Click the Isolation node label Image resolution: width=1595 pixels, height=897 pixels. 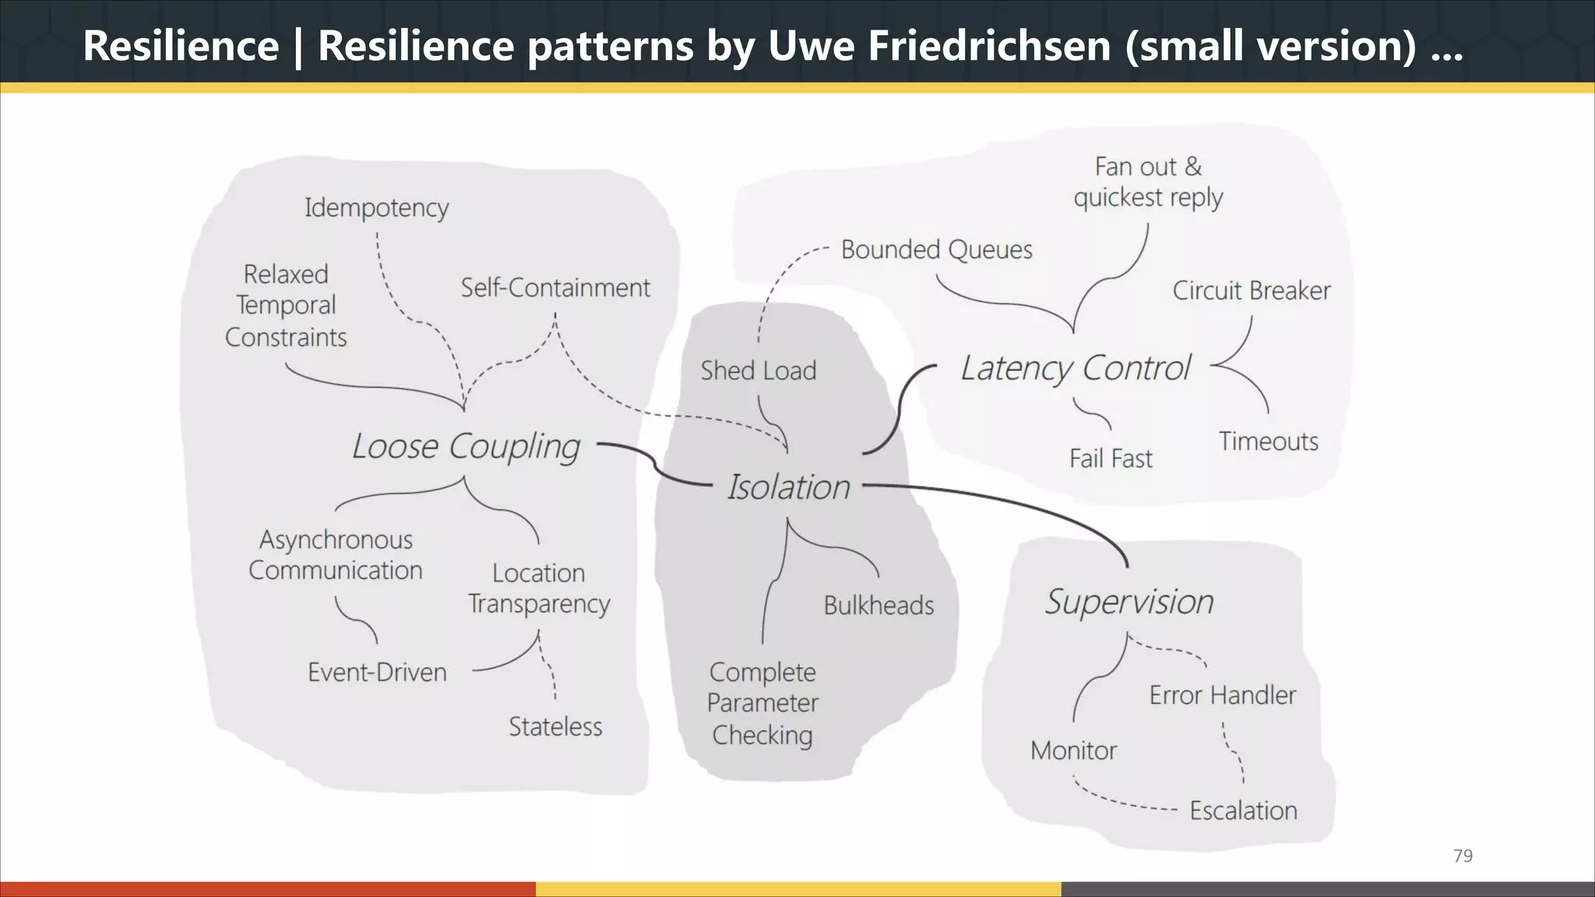click(x=788, y=487)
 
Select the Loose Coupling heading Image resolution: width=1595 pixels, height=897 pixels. click(x=466, y=447)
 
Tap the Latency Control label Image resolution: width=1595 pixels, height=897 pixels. click(x=1076, y=368)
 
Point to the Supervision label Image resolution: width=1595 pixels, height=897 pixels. click(x=1128, y=602)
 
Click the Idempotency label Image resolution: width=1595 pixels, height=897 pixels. click(x=376, y=208)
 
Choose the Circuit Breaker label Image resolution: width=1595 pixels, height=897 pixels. click(x=1251, y=290)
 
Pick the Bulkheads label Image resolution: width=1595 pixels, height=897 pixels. click(x=878, y=605)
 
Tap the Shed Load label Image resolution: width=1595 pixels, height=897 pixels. click(x=758, y=371)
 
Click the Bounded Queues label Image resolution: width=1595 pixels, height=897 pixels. click(x=936, y=250)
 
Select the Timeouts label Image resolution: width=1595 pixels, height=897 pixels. click(x=1268, y=441)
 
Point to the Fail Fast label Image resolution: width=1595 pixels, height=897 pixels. click(x=1110, y=459)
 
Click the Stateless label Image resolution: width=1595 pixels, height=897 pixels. click(x=555, y=726)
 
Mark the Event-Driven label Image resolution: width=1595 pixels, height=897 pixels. click(x=377, y=672)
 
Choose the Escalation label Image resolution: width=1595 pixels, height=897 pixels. click(x=1243, y=811)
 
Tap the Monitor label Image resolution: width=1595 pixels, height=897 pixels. click(x=1073, y=751)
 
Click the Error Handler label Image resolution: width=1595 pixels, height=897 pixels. click(x=1222, y=695)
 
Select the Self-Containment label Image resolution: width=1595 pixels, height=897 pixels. click(x=555, y=288)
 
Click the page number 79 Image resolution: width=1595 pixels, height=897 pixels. click(x=1463, y=856)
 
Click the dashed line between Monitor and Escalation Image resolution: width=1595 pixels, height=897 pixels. click(x=1121, y=802)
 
